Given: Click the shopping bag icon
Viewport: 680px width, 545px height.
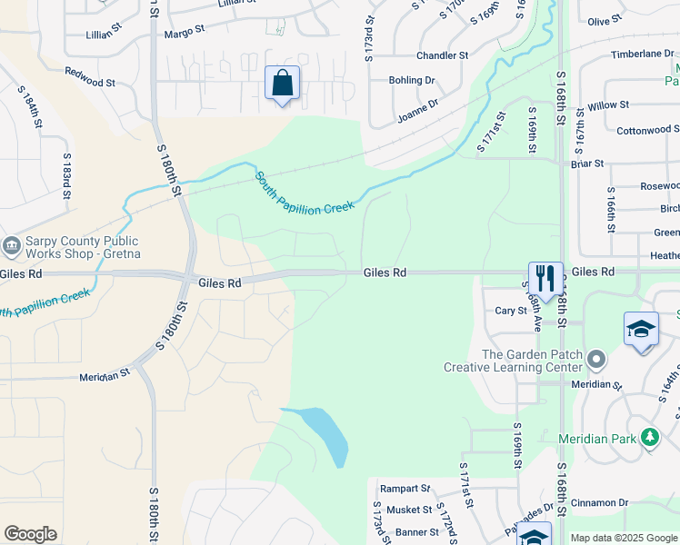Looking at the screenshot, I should tap(282, 84).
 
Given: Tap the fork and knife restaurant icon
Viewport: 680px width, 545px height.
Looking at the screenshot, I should tap(545, 278).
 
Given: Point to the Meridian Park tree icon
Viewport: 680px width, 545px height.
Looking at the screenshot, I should tap(649, 438).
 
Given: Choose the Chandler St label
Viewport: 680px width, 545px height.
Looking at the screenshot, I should tap(442, 55).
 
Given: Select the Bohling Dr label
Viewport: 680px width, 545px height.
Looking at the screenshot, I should tap(412, 80).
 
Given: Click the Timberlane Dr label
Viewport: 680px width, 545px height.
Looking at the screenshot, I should tap(643, 54).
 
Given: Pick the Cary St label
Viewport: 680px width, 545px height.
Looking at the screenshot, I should tap(511, 311).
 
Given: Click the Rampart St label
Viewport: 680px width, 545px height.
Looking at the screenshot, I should tap(405, 488).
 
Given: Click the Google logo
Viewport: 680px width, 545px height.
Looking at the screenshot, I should tap(30, 534).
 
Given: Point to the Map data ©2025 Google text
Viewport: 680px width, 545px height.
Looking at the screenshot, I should tap(624, 538).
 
